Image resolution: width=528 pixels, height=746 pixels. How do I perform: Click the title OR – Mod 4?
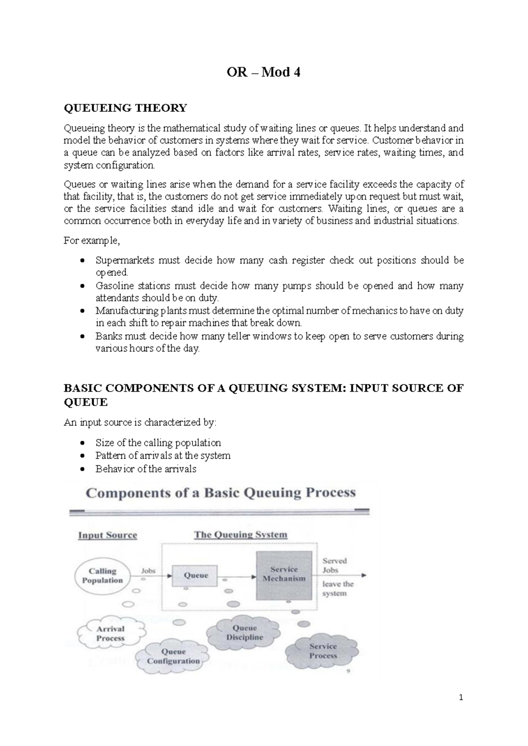[263, 72]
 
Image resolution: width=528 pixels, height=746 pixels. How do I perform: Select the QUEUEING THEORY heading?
[125, 108]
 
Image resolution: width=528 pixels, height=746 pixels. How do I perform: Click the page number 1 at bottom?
[461, 698]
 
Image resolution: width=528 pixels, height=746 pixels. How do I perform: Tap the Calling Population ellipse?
[103, 575]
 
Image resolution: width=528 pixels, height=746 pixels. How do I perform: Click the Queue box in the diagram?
[195, 575]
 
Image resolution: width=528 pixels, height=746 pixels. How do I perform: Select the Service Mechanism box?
[284, 574]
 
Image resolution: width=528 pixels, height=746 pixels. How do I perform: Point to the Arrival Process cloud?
[110, 633]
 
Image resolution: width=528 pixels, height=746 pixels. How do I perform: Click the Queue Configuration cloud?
[173, 656]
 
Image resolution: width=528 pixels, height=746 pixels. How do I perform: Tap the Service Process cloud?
[323, 651]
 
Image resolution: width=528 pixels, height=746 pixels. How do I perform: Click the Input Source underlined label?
[107, 535]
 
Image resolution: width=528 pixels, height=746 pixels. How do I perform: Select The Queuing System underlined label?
[241, 534]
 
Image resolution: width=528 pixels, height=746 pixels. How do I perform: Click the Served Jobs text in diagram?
[334, 565]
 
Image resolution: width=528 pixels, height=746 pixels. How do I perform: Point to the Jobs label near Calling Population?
[148, 570]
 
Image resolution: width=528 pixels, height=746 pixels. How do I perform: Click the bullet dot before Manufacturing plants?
[82, 311]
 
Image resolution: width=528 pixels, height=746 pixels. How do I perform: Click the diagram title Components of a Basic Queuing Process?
[220, 493]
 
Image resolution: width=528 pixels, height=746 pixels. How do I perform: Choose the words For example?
[92, 241]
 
